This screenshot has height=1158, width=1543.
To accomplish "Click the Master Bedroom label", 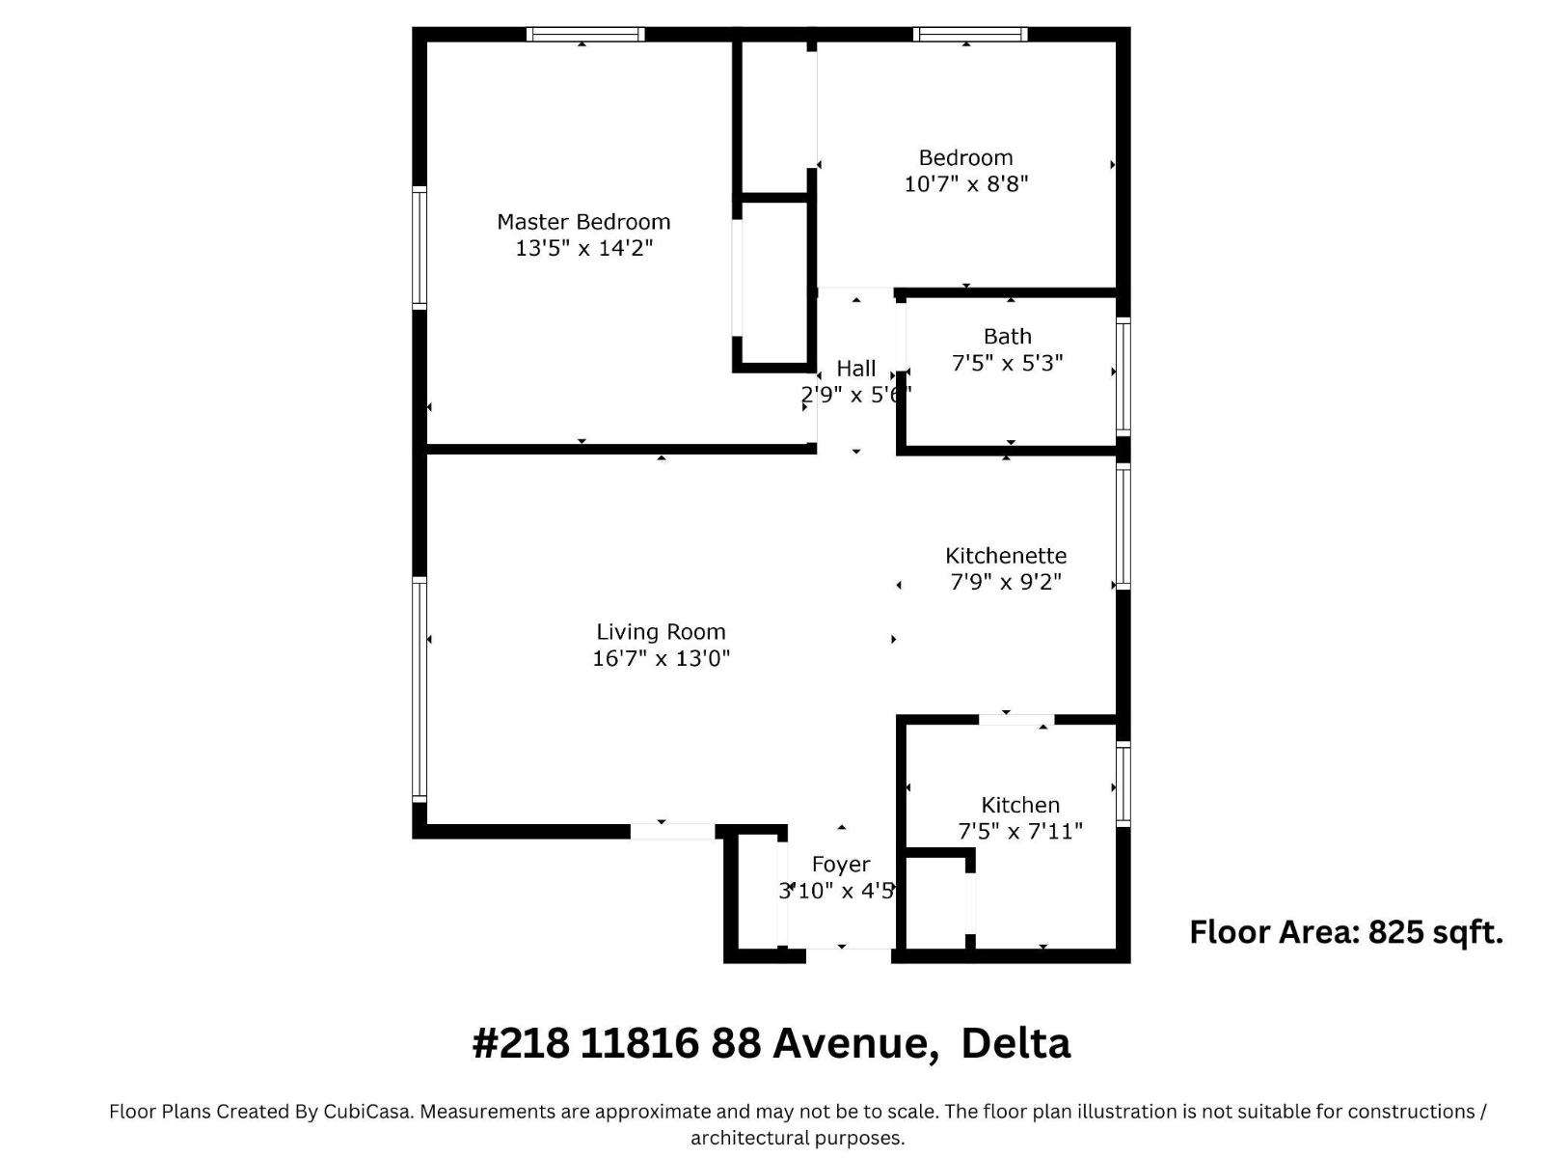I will [x=583, y=222].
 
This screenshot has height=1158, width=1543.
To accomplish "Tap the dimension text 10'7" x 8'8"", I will [x=965, y=183].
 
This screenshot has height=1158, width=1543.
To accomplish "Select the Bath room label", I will [x=1007, y=337].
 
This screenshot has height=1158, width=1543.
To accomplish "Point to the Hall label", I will [x=855, y=369].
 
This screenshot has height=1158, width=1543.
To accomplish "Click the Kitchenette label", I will [x=1005, y=556].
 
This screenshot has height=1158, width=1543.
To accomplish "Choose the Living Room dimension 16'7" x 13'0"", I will [x=661, y=658].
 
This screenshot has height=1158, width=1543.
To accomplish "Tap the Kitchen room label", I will [x=1019, y=805].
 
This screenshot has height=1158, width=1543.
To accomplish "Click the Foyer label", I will [x=840, y=865].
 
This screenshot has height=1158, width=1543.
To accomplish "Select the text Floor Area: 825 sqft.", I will [x=1345, y=932].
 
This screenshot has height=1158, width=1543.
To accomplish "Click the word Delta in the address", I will [x=1015, y=1043].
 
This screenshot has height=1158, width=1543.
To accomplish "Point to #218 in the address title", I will [x=520, y=1043].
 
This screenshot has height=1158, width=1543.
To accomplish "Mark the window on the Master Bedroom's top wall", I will [x=585, y=35].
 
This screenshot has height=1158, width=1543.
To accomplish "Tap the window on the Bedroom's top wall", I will [x=970, y=35].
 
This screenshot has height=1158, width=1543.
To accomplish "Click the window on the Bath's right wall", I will [x=1123, y=376].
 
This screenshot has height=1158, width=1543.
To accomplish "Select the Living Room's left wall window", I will [x=420, y=689].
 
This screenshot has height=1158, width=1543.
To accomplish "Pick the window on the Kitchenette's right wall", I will [x=1123, y=527].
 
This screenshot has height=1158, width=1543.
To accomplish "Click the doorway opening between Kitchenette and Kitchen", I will [x=1016, y=719].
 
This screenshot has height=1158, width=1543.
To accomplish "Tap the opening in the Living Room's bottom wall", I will [x=673, y=831].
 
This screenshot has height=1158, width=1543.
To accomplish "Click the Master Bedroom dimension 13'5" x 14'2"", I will [x=583, y=248].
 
